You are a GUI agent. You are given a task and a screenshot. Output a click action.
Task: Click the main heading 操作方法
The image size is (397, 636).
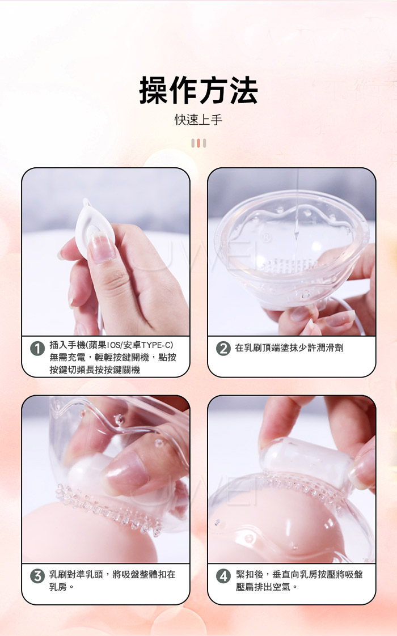pos(198,91)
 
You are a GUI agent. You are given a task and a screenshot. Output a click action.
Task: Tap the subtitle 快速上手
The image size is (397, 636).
pos(198,120)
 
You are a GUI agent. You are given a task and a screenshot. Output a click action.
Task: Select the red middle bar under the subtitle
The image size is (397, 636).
pos(198,143)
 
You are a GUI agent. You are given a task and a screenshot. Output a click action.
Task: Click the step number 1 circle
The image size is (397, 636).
pos(37,349)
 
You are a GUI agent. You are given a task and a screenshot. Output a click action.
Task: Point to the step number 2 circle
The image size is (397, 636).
pos(223,349)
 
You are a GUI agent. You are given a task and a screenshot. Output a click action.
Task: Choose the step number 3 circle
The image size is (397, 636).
pos(37,576)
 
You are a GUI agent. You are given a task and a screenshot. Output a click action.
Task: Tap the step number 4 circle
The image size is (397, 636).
pos(223,576)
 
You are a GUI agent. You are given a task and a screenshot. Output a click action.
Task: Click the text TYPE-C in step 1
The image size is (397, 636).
pos(156,345)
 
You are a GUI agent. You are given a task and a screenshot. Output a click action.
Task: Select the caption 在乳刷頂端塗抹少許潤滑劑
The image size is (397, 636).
pos(289,348)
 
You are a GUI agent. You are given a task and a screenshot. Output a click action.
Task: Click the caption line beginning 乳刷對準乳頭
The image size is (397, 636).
pos(112,574)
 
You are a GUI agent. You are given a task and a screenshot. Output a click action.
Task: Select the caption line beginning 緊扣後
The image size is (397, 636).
pos(299,574)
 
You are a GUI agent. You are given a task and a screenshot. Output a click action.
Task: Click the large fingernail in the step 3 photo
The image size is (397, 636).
pos(125,473)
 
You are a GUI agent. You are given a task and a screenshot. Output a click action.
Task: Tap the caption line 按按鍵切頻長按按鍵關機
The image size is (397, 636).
pos(95,370)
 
